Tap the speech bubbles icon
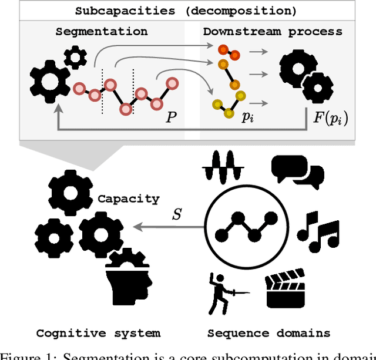pyautogui.click(x=297, y=170)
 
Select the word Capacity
pyautogui.click(x=128, y=198)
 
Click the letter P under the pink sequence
pyautogui.click(x=171, y=117)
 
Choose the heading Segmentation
pyautogui.click(x=102, y=32)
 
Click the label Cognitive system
pyautogui.click(x=98, y=333)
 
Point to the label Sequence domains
pyautogui.click(x=268, y=333)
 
